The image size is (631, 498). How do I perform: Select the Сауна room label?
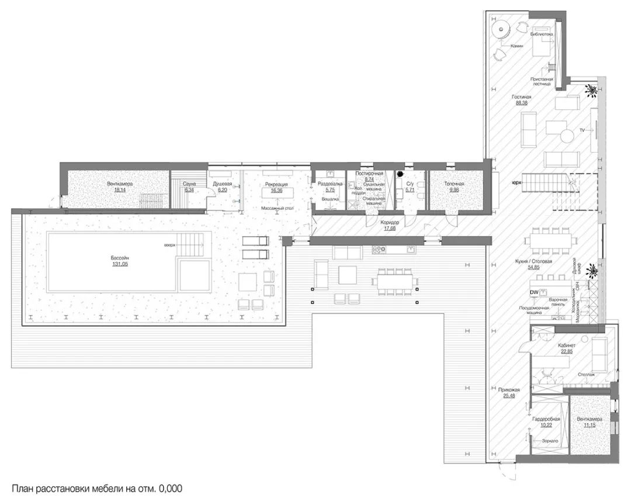190,184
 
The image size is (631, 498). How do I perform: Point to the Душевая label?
222,184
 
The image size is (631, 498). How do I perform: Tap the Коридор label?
389,222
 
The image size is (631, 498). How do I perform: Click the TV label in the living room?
582,128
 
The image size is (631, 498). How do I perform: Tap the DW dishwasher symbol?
533,292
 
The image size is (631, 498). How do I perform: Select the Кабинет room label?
566,345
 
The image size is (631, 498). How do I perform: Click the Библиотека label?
541,34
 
